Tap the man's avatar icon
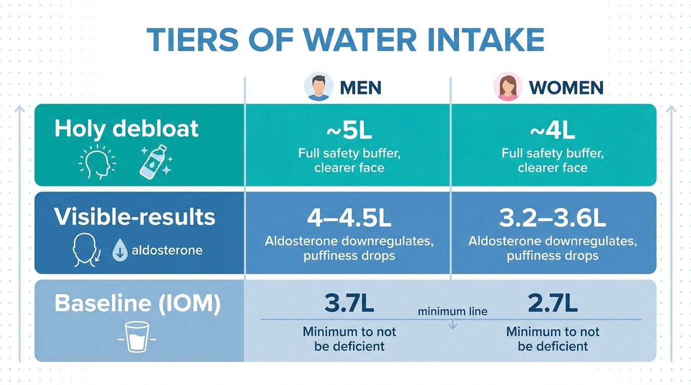(319, 87)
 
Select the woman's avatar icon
(508, 87)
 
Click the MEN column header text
(361, 88)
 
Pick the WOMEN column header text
(566, 88)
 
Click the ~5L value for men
(349, 130)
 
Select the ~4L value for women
(552, 130)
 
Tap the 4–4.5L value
(349, 218)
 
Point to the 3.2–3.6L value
(552, 218)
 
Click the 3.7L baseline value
(349, 303)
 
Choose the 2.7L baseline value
(552, 303)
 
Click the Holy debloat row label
(126, 129)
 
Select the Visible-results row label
(135, 217)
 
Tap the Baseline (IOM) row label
(138, 304)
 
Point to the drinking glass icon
(137, 336)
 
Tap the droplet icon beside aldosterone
(120, 251)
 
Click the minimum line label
(453, 312)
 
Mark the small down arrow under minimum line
(453, 324)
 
